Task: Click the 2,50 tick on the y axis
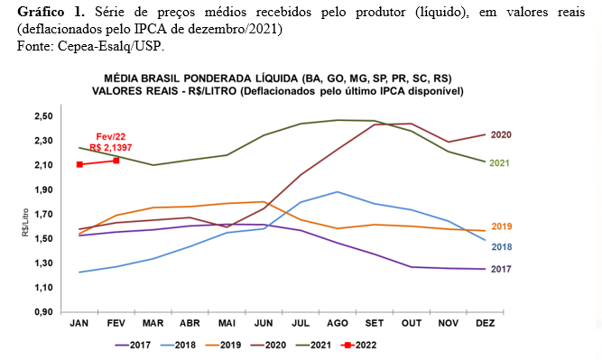tap(44, 116)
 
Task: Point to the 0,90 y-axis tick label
tap(44, 312)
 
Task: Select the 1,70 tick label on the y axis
tap(44, 215)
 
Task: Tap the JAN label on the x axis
tap(80, 322)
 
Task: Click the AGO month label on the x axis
tap(337, 322)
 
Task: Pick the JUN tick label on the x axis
tap(264, 322)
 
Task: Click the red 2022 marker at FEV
tap(116, 161)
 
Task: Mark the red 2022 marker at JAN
tap(80, 164)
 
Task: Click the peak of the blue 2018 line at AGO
tap(337, 191)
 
